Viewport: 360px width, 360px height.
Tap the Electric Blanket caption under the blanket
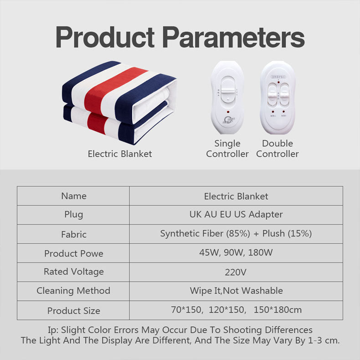point(120,154)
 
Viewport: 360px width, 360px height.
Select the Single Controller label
point(227,149)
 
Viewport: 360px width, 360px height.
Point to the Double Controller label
point(278,149)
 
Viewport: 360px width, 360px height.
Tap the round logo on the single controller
point(227,121)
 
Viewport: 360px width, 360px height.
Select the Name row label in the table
point(74,196)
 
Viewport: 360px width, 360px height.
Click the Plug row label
point(74,215)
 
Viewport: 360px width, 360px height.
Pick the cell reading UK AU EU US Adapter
point(236,215)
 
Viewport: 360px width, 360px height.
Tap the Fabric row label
point(74,234)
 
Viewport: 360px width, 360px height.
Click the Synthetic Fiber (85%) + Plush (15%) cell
point(236,234)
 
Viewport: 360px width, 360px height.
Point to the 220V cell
point(236,273)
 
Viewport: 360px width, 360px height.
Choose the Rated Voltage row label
point(74,272)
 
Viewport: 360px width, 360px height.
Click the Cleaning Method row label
point(74,291)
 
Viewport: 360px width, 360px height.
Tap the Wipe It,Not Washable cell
point(236,291)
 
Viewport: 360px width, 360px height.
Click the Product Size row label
point(74,311)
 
